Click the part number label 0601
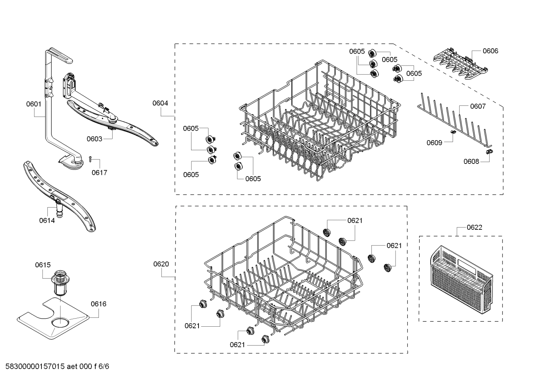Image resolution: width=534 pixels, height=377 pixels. [x=33, y=104]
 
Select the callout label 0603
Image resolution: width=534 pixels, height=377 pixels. [x=94, y=139]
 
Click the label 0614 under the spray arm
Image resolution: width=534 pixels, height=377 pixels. [x=47, y=221]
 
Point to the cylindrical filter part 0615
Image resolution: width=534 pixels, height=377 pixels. [x=59, y=283]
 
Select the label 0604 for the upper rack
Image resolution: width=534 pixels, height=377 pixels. [x=160, y=103]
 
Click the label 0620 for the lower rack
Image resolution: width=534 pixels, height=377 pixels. [x=161, y=264]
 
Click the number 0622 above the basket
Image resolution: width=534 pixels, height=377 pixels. [x=474, y=228]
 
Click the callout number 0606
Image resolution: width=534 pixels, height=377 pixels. [x=490, y=51]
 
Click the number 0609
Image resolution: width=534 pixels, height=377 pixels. [x=434, y=143]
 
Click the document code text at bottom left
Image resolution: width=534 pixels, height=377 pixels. [x=55, y=367]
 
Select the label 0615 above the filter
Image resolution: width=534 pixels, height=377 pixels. [x=43, y=265]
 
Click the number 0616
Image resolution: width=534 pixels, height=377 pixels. [x=99, y=304]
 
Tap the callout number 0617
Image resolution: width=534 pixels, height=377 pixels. [x=99, y=173]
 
